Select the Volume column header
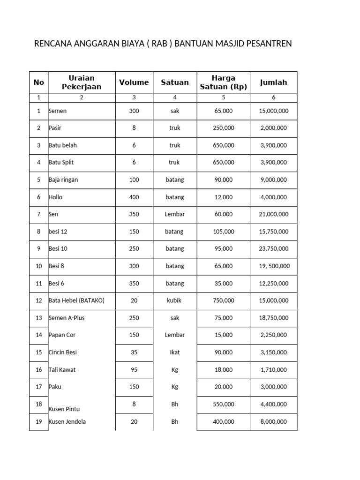tap(134, 82)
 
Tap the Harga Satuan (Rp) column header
tap(223, 82)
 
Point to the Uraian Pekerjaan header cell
tap(82, 82)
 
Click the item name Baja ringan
tap(62, 180)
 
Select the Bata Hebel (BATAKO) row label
tap(76, 301)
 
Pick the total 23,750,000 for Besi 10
tap(274, 249)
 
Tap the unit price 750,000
tap(223, 301)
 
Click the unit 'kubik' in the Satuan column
tap(175, 301)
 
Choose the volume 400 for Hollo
tap(134, 197)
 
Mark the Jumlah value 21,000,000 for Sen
tap(274, 214)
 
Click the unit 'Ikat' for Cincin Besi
tap(175, 352)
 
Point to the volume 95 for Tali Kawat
tap(134, 370)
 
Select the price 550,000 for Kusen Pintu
tap(223, 404)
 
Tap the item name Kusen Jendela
tap(67, 422)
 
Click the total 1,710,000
tap(274, 370)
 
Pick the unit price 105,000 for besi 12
tap(223, 232)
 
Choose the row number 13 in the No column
tap(39, 318)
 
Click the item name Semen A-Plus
tap(67, 318)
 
